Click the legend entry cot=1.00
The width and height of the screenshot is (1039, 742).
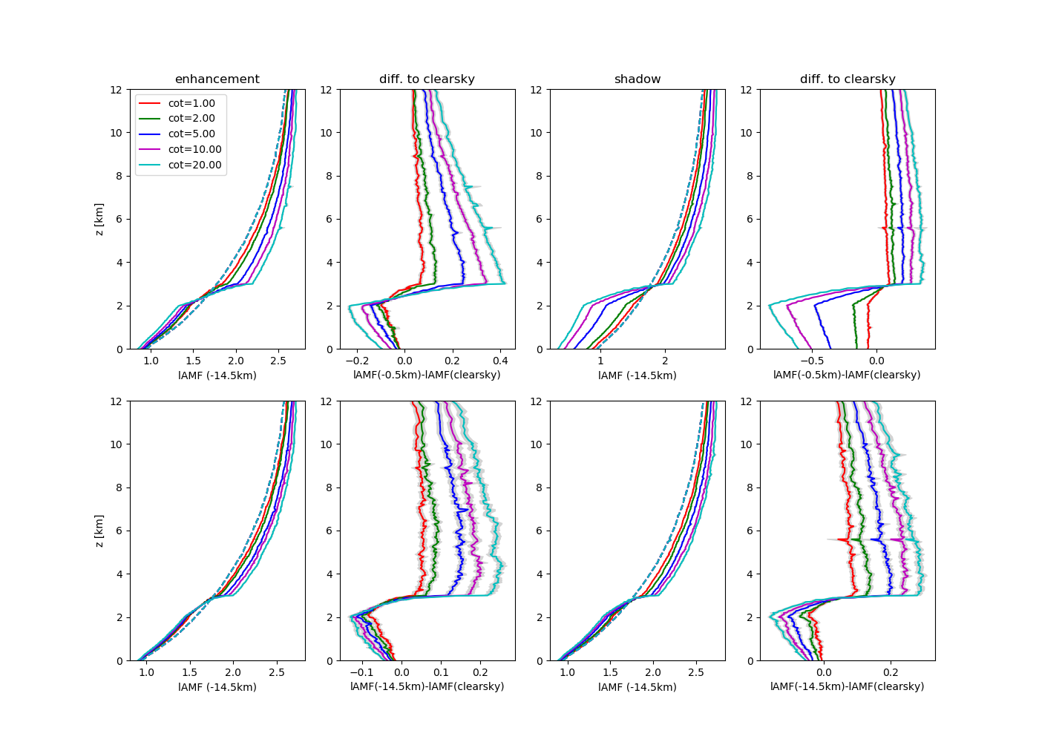click(x=191, y=103)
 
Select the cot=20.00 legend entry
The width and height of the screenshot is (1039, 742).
click(x=194, y=165)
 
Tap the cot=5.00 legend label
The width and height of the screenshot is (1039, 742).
click(x=191, y=134)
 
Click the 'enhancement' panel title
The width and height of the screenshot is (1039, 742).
click(x=217, y=79)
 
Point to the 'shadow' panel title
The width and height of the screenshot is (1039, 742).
click(x=638, y=79)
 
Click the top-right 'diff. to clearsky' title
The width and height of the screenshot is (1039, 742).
click(x=848, y=79)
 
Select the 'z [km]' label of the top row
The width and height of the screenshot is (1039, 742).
click(x=99, y=219)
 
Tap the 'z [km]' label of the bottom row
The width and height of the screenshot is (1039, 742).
click(x=99, y=531)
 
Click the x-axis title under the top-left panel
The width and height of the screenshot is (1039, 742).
click(x=217, y=375)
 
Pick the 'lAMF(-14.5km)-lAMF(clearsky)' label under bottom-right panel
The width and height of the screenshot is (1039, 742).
click(x=847, y=686)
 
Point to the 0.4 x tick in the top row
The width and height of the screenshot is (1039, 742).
click(x=500, y=360)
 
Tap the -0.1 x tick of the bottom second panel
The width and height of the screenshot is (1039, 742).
click(x=361, y=672)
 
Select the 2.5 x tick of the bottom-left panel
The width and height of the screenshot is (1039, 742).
click(x=276, y=672)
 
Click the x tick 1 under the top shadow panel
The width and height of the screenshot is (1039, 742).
click(x=601, y=360)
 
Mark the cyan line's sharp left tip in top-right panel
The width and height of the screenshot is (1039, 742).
click(x=769, y=304)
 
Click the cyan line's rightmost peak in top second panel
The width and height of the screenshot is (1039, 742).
click(x=505, y=283)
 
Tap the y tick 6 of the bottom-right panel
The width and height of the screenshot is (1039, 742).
click(x=750, y=531)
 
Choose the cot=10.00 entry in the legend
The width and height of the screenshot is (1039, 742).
click(x=194, y=149)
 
